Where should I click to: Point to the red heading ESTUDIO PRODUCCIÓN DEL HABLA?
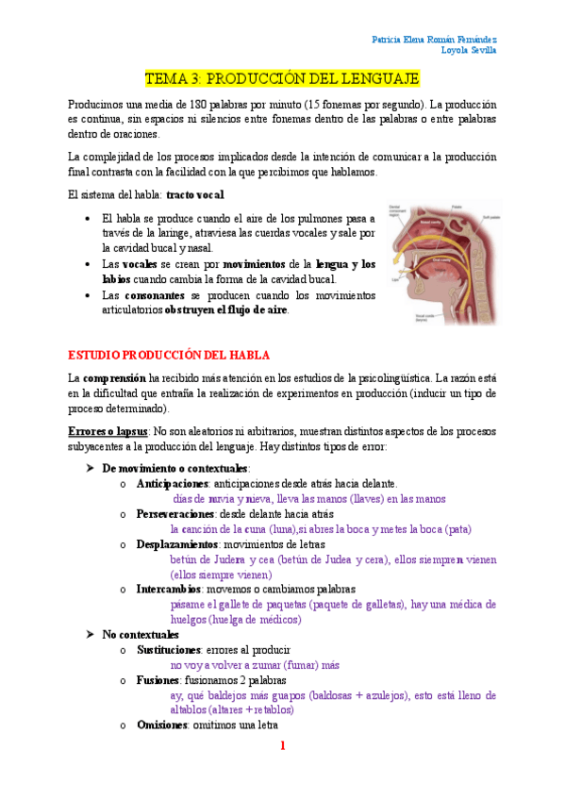point(169,355)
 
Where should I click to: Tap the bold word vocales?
point(140,264)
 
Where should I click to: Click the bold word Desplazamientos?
point(177,544)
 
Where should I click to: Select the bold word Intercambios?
point(168,589)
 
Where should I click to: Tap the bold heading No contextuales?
point(141,635)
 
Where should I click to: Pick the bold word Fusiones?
point(158,680)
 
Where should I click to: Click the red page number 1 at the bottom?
point(282,747)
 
